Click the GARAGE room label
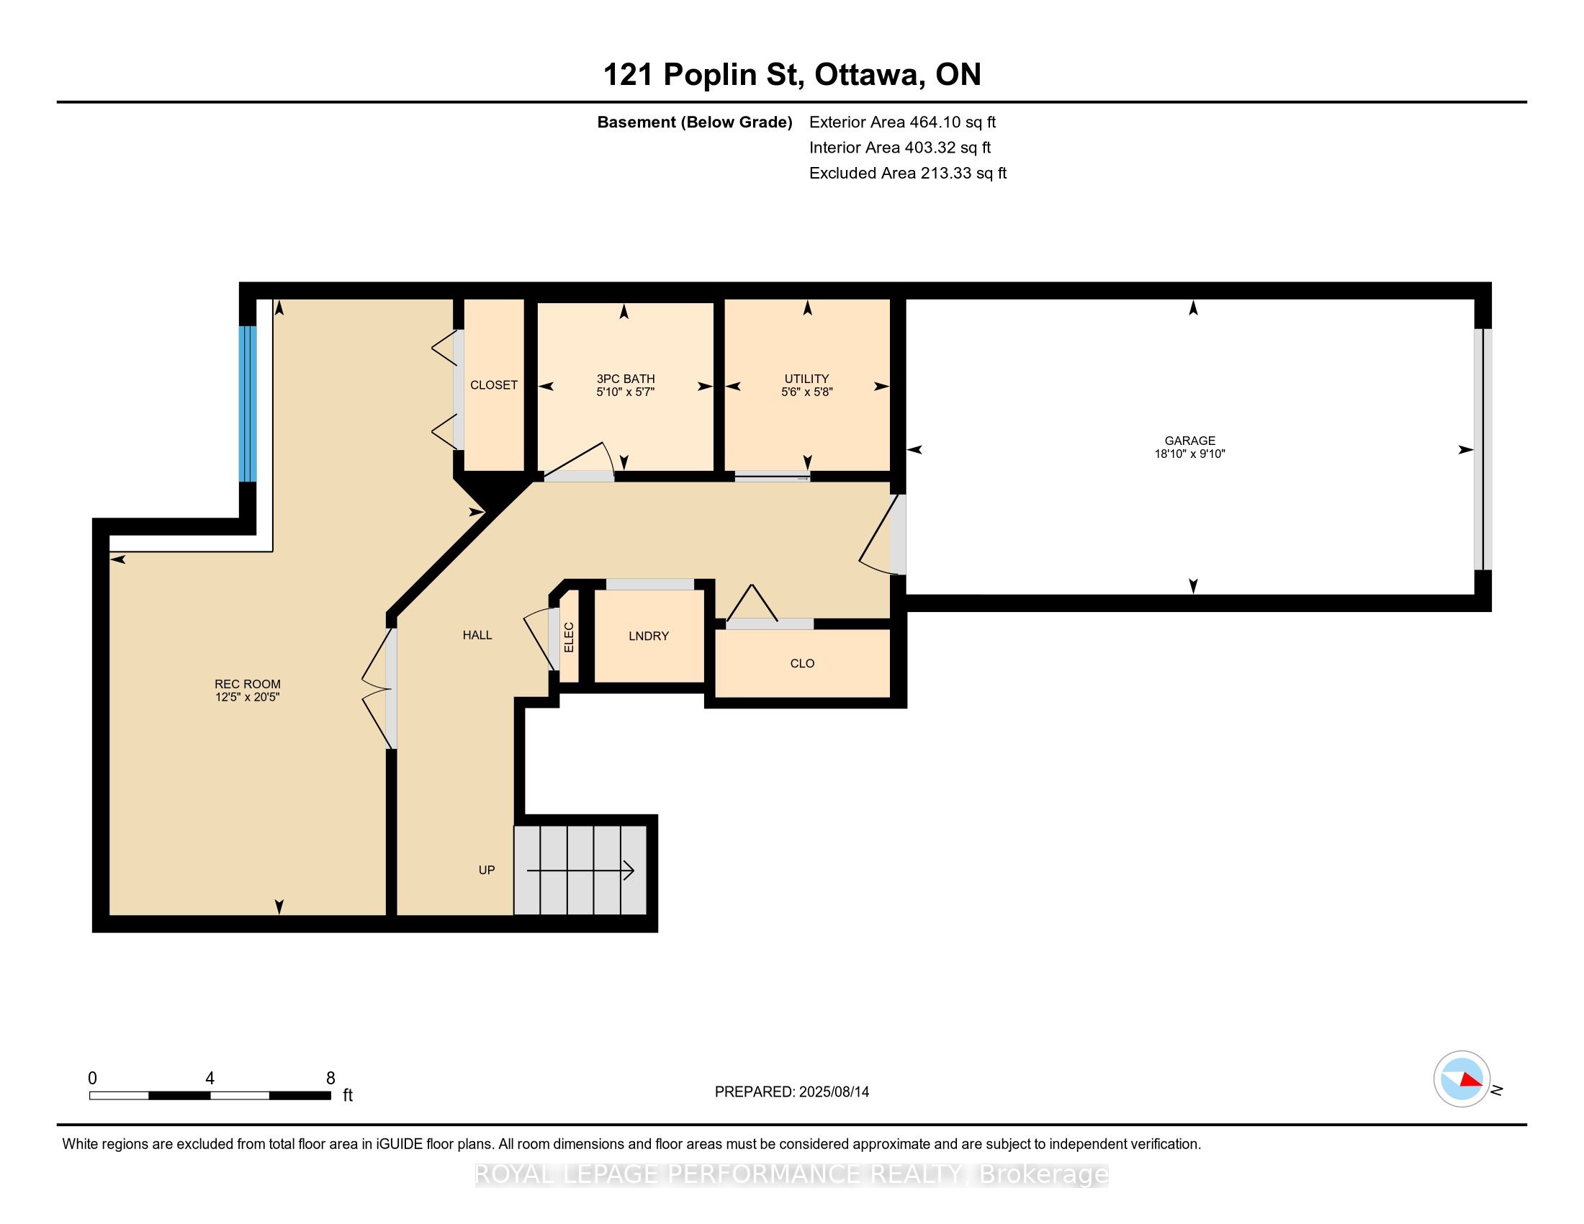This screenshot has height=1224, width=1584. click(1189, 440)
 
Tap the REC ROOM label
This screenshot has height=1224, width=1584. click(247, 684)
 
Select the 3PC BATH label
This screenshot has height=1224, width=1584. click(625, 379)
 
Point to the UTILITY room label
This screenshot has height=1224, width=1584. click(806, 379)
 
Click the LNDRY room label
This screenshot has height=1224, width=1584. click(649, 636)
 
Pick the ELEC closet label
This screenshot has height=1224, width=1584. click(570, 637)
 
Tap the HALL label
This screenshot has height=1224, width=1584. click(477, 635)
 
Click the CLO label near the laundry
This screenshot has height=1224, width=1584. click(802, 664)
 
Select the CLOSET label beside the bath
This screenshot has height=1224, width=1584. click(494, 385)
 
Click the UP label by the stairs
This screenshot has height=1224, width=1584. click(487, 870)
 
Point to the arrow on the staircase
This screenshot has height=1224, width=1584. click(580, 870)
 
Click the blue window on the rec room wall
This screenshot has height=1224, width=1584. click(248, 404)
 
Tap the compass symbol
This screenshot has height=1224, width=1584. click(1462, 1079)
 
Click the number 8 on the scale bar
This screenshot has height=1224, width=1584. click(330, 1079)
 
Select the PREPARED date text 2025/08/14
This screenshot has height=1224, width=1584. click(833, 1092)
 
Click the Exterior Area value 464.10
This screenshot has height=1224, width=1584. click(933, 122)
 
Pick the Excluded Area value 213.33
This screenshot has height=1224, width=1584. click(945, 173)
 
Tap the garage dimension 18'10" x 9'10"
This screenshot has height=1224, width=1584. click(1189, 454)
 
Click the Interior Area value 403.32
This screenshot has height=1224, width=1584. click(929, 147)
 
